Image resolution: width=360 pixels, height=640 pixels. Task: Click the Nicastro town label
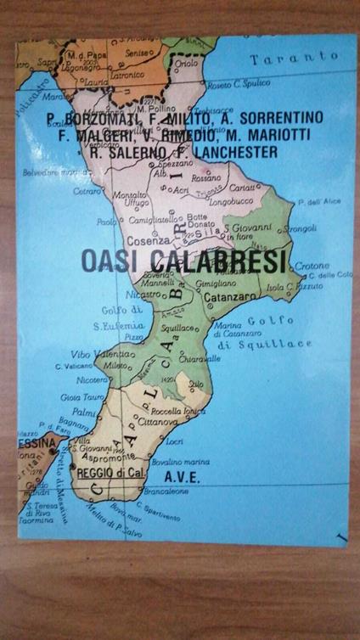click(146, 295)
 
